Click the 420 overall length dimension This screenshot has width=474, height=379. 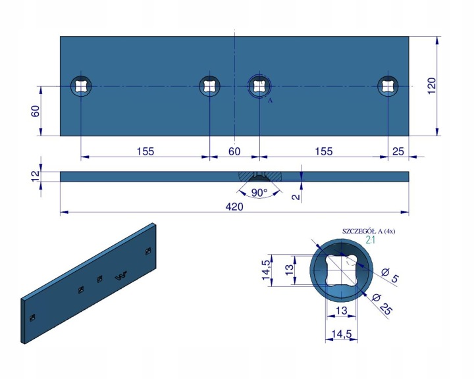coord(234,207)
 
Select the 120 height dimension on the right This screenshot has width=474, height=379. coord(432,86)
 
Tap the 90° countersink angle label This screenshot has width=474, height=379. coord(259,193)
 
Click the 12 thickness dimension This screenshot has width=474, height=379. coord(36,176)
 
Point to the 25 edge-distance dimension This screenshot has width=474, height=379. coord(398,151)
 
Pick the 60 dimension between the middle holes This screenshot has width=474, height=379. coord(234,151)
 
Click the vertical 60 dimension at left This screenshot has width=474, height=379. coord(36,111)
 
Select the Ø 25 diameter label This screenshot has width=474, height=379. coord(382,305)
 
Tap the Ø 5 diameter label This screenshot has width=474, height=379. coord(390,275)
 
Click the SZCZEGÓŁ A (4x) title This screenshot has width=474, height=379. coord(369,231)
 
